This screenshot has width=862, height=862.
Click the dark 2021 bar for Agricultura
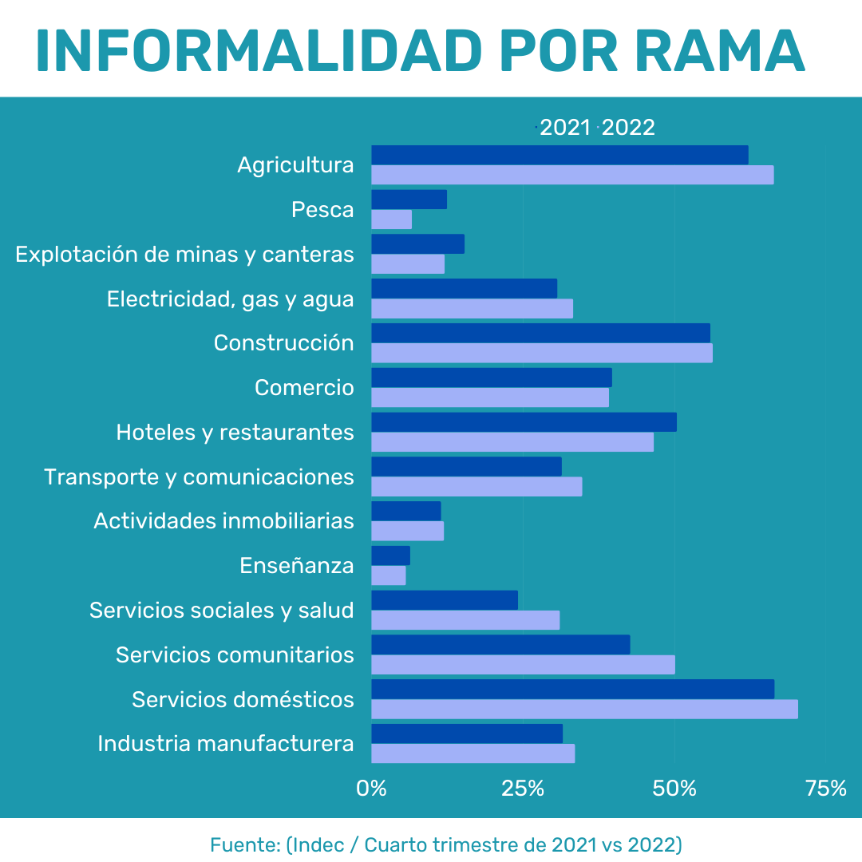click(559, 155)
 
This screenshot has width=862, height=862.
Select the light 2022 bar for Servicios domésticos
click(584, 709)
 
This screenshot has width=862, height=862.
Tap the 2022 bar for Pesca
click(391, 219)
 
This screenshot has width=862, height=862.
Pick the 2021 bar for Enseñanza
click(390, 556)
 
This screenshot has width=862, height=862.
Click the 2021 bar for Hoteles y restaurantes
click(524, 422)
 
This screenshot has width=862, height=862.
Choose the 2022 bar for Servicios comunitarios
click(523, 665)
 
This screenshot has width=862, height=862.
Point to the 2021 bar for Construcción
click(540, 333)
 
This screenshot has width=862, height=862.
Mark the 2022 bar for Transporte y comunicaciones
click(476, 486)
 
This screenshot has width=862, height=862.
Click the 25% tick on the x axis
click(523, 789)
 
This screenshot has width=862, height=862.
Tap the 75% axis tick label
click(826, 789)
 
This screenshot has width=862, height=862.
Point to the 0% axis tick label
click(371, 789)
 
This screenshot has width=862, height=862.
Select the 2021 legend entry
click(565, 128)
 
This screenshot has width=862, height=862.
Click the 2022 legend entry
click(628, 128)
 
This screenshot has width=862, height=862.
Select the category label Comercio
click(304, 388)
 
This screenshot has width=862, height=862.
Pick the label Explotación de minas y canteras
click(184, 255)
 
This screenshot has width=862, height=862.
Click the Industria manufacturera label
click(226, 744)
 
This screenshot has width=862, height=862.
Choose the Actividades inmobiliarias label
click(223, 521)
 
